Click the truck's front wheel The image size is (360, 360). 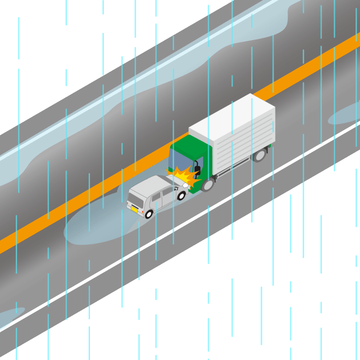pos(207,184)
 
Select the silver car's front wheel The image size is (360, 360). pos(182,195)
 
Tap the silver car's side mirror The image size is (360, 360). pos(175,189)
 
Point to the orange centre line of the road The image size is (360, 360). pos(90,202)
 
